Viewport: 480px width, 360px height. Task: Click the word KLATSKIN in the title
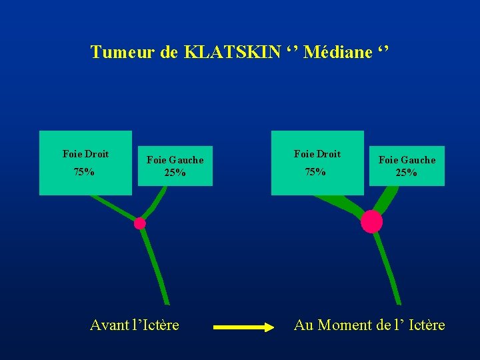click(232, 52)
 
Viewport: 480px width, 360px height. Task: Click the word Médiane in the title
click(338, 52)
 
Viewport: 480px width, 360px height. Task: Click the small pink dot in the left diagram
click(140, 223)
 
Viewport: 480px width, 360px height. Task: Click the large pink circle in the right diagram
click(371, 221)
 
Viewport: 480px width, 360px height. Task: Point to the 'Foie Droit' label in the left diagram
click(85, 154)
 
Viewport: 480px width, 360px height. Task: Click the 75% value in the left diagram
click(84, 172)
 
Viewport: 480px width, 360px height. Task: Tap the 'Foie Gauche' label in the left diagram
click(175, 160)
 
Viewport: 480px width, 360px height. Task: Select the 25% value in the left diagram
click(175, 173)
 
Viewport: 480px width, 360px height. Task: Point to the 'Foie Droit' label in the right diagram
click(317, 154)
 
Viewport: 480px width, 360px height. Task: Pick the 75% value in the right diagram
click(315, 172)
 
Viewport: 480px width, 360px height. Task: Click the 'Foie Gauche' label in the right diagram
click(407, 160)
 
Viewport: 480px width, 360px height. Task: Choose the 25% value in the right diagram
click(407, 173)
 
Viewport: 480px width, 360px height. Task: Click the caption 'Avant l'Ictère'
click(135, 325)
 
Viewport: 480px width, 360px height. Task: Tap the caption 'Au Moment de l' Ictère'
click(369, 325)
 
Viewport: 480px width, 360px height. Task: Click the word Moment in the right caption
click(345, 325)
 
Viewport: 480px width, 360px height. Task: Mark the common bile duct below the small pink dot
click(153, 263)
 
